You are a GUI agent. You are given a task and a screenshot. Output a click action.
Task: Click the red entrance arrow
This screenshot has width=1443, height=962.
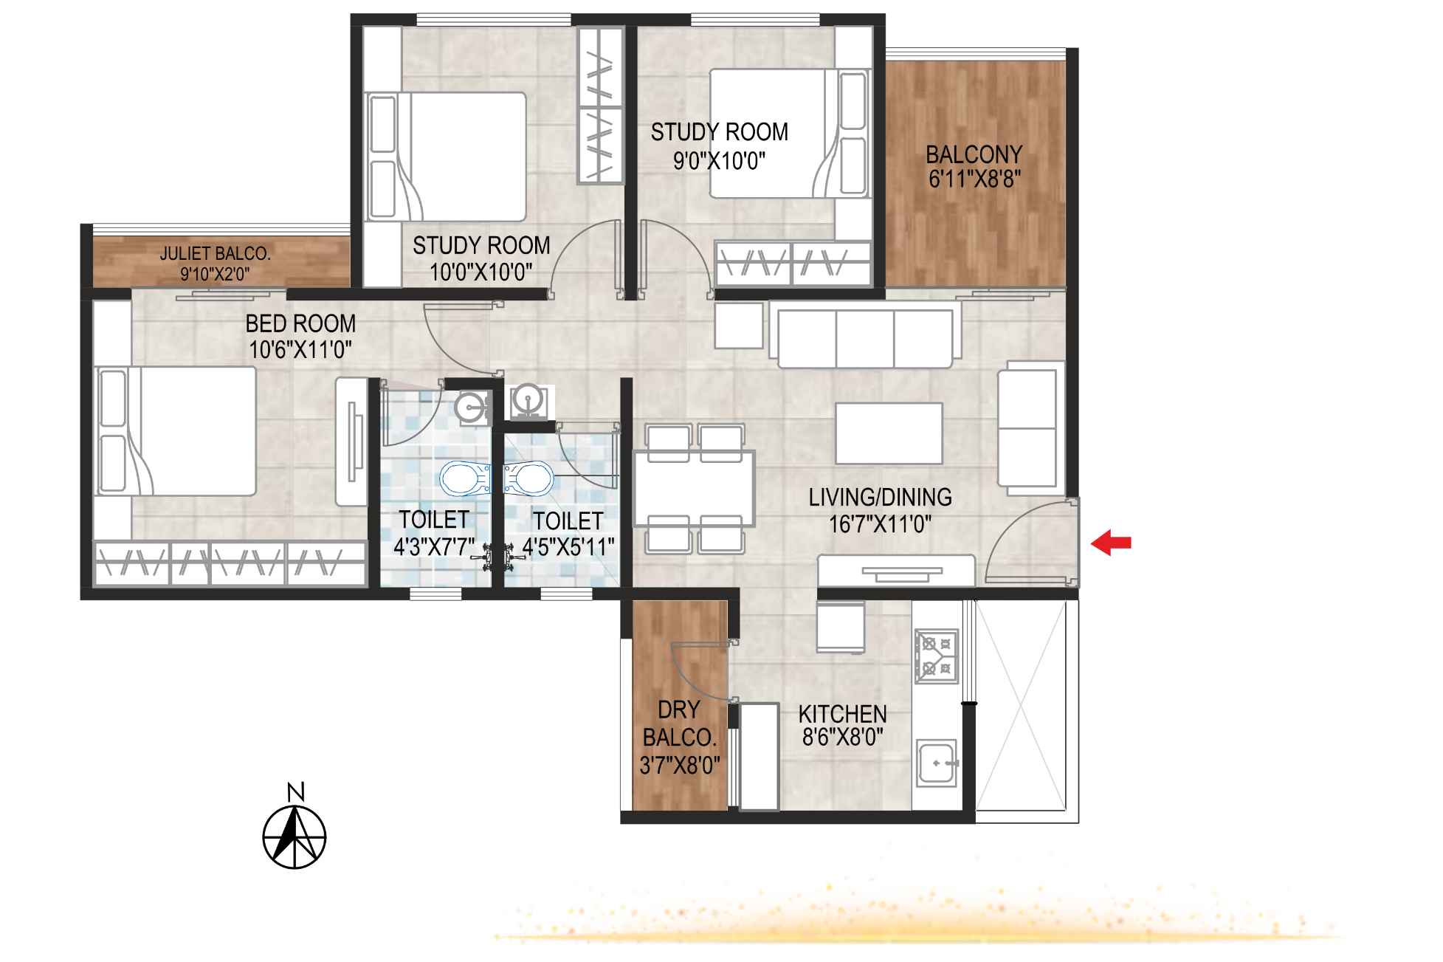click(x=1111, y=543)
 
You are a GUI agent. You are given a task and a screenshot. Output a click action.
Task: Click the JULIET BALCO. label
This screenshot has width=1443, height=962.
click(x=216, y=254)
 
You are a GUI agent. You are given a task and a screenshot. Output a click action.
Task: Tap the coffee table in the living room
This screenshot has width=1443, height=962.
click(x=889, y=433)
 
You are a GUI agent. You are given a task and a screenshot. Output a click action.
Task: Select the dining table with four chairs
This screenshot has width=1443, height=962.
click(x=694, y=488)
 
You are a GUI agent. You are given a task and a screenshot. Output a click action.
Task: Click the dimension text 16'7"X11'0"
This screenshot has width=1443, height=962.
click(x=880, y=525)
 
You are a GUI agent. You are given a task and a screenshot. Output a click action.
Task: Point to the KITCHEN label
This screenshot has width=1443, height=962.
click(x=842, y=713)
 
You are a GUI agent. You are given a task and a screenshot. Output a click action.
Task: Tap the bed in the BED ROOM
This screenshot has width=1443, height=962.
click(x=177, y=431)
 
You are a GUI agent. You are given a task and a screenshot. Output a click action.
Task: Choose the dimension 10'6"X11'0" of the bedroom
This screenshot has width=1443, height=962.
click(x=300, y=349)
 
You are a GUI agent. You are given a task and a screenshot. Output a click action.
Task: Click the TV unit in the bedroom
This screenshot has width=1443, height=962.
click(x=351, y=442)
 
